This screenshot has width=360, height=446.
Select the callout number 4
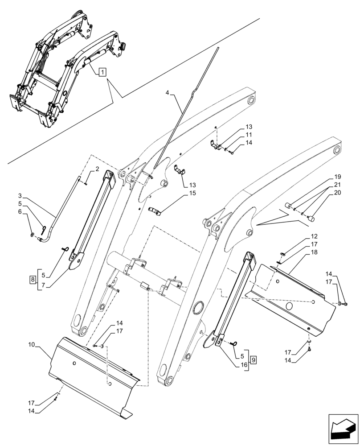(x=167, y=93)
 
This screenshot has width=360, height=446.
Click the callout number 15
(x=192, y=193)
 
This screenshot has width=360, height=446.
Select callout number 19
(x=337, y=176)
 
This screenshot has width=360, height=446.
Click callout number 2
(x=96, y=169)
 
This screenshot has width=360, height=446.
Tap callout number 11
(x=249, y=135)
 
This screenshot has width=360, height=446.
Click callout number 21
(x=337, y=184)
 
